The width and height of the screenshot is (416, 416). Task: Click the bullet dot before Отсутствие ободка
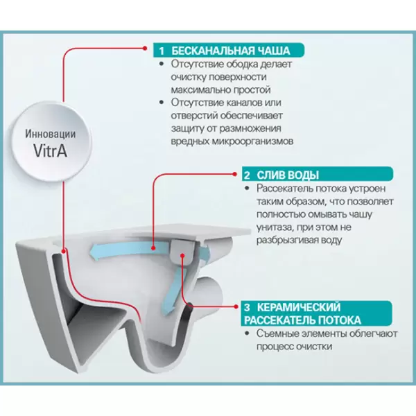[x=164, y=64]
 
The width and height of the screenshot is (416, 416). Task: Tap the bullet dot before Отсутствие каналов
[x=164, y=103]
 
